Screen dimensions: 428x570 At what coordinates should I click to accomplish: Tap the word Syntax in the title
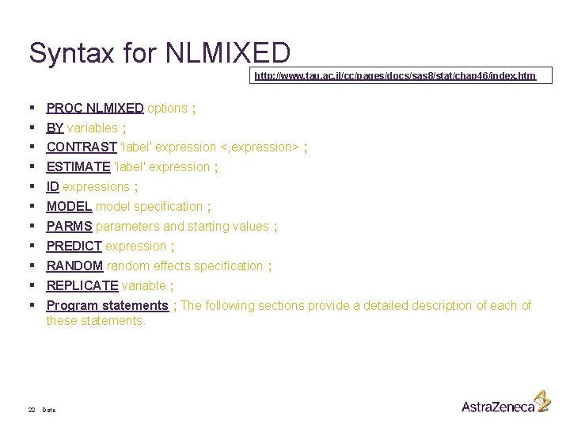(71, 54)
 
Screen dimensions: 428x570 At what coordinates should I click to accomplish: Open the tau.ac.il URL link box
(395, 76)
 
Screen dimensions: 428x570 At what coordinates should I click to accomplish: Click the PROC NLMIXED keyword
(95, 108)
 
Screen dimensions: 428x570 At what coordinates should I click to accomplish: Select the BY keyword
(55, 128)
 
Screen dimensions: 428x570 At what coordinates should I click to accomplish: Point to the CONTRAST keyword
(79, 147)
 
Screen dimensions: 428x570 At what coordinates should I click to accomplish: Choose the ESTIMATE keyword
(78, 166)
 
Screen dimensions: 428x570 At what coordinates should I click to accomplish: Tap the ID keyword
(53, 186)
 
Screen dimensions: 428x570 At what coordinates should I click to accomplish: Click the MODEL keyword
(69, 206)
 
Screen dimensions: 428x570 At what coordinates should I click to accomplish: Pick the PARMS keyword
(70, 226)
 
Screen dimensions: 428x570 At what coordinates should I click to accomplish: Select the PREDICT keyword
(74, 246)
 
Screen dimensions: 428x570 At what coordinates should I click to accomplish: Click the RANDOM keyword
(74, 266)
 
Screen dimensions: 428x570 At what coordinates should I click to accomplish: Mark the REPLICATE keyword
(82, 285)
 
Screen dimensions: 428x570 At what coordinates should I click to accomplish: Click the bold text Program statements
(107, 305)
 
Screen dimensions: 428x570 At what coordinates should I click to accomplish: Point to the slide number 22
(32, 410)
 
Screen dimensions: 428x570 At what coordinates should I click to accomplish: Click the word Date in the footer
(49, 410)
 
